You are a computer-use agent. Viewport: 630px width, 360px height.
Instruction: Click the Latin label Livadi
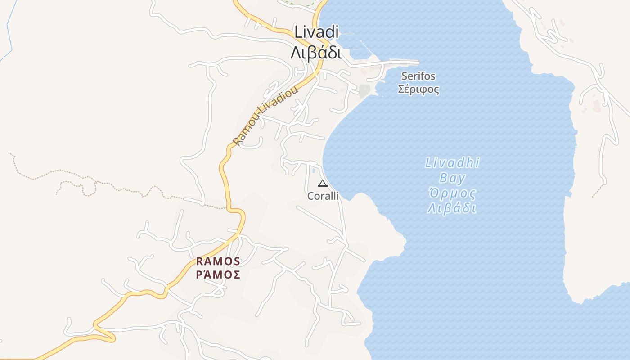316,32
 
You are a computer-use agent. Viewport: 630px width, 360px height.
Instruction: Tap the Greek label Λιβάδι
316,53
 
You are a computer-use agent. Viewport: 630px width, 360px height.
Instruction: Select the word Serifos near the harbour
418,76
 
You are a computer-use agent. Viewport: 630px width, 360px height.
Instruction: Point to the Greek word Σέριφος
418,89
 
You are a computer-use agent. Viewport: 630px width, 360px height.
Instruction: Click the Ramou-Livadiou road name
265,116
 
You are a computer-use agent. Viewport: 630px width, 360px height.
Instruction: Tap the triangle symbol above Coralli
322,183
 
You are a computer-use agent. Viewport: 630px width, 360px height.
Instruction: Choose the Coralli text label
323,196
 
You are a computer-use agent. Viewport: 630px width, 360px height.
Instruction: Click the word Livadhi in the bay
452,163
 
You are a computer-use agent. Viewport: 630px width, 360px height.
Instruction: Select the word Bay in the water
452,178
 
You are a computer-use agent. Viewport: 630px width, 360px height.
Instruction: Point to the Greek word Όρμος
452,194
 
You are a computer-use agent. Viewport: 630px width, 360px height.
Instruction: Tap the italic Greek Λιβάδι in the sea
452,209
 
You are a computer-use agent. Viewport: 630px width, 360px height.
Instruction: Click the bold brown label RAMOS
218,261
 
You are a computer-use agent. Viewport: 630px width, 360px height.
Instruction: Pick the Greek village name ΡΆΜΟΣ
218,274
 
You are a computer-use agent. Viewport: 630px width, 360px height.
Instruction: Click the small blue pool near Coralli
313,170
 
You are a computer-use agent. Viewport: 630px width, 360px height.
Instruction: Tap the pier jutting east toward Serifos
400,62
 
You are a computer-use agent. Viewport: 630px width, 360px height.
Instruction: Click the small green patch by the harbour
364,90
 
